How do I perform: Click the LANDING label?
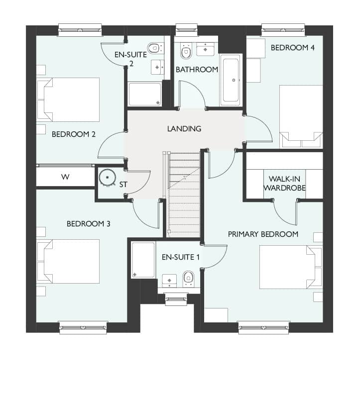coord(184,129)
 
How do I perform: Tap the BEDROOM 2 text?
coord(74,134)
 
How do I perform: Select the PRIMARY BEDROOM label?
coord(263,234)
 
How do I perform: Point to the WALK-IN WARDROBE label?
coord(284,183)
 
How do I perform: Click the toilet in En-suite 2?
coord(154,48)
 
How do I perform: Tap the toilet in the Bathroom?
coord(186,51)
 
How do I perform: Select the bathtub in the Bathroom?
coord(231,80)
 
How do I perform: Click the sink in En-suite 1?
coord(169,281)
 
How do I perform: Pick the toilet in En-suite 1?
coord(188,279)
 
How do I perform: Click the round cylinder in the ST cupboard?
coord(108,178)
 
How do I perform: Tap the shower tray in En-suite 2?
coord(145,94)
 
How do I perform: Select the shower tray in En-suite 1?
coord(143,260)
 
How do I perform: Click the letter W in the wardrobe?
coord(65,177)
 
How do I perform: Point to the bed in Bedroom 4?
coord(301,117)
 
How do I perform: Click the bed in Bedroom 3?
coord(68,261)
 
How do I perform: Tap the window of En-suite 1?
coord(176,299)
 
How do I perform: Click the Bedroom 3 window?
coord(83,328)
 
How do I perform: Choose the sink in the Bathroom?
coord(206,49)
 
